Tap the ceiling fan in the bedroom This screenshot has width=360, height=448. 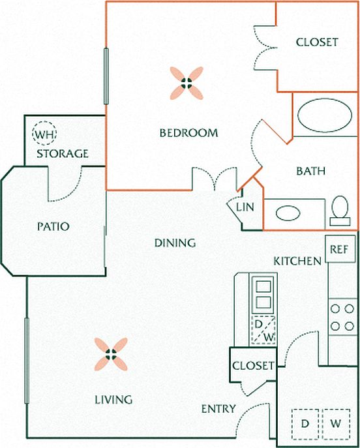tap(187, 83)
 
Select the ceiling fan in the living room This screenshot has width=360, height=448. tap(111, 354)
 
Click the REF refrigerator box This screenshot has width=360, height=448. tap(340, 249)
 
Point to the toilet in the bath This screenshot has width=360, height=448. tap(340, 211)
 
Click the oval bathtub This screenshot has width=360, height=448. tap(325, 115)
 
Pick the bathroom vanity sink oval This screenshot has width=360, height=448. tap(288, 213)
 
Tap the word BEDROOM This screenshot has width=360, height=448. tap(188, 133)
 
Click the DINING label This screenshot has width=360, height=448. tap(175, 243)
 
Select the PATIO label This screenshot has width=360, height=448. tap(53, 226)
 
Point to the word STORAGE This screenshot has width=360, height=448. tap(63, 154)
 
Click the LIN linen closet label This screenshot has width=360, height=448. tap(245, 207)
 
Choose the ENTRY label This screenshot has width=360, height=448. tap(218, 409)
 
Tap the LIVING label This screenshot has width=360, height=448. tap(113, 400)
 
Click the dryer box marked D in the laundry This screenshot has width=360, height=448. tap(305, 424)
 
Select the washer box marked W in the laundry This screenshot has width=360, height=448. tap(336, 424)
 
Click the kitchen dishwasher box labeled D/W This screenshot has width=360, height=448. tap(263, 330)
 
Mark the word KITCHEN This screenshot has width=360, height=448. tap(297, 261)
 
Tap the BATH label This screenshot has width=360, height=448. tap(311, 171)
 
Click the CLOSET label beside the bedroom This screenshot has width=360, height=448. tap(317, 42)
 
